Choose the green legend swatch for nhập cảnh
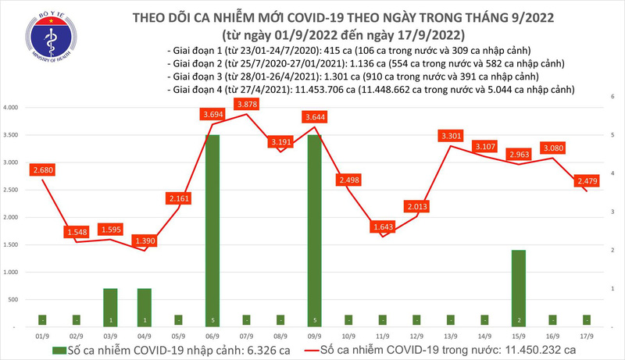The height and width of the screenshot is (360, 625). pos(44,348)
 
